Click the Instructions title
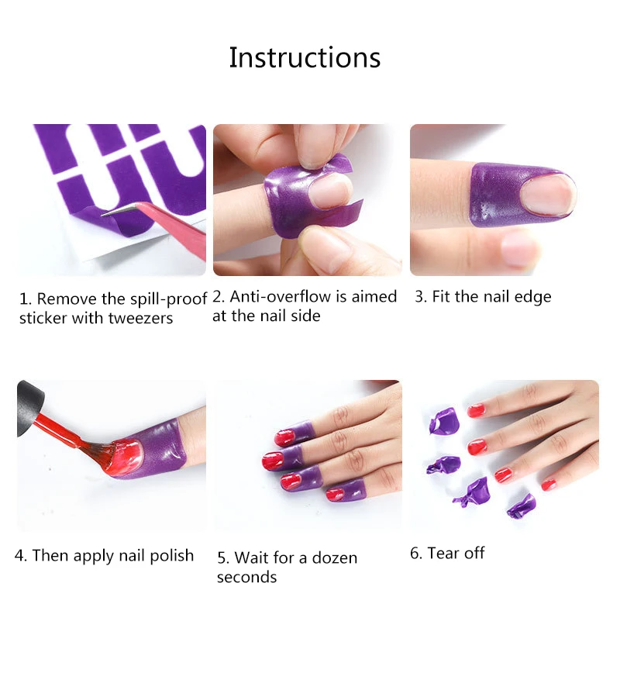point(305,57)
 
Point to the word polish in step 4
point(172,556)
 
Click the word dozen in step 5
point(334,557)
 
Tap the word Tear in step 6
point(443,553)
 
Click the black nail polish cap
point(29,408)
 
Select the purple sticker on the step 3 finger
point(498,195)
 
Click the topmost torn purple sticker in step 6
point(443,419)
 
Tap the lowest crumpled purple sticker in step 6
point(522,506)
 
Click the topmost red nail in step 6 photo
point(476,410)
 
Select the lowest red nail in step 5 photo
point(335,494)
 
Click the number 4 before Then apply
point(19,555)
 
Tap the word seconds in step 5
point(246,577)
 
